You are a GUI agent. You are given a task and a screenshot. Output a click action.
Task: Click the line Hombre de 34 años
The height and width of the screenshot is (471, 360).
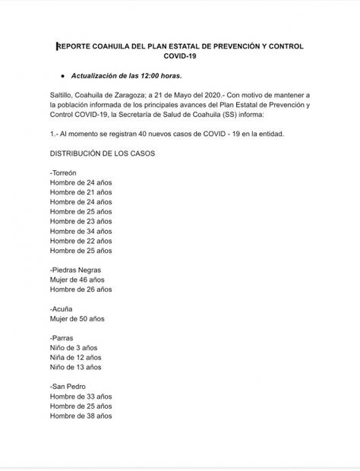coord(81,231)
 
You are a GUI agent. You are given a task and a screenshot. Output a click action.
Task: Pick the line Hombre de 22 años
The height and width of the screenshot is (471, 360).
coord(81,241)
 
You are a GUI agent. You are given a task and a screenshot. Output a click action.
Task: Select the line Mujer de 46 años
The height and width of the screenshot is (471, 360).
coord(77,280)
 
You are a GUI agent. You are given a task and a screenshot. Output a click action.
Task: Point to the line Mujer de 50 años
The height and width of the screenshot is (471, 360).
coord(77,318)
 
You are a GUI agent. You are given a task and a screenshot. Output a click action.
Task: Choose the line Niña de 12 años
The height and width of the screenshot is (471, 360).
coord(75,358)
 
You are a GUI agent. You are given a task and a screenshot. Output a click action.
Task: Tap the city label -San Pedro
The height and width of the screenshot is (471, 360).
coord(69,387)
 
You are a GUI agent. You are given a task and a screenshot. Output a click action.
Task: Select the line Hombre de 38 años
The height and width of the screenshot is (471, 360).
coord(81,416)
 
